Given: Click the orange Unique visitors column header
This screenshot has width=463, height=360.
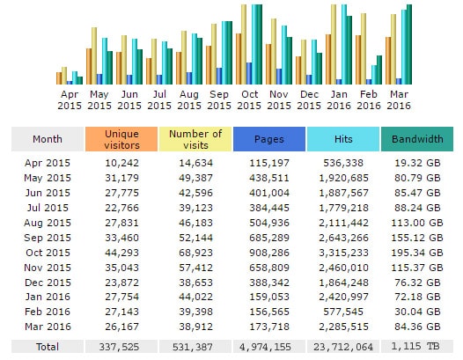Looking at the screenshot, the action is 121,139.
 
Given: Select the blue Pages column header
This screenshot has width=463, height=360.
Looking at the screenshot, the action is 269,139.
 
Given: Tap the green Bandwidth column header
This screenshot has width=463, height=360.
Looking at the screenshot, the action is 417,139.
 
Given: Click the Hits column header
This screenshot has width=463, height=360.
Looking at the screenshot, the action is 343,139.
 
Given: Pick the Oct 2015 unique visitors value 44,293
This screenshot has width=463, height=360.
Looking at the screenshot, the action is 121,253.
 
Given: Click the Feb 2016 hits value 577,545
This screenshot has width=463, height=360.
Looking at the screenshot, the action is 343,312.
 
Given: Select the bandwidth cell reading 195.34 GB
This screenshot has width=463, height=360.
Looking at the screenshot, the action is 417,253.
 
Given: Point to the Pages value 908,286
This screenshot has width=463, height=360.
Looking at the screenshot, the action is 269,253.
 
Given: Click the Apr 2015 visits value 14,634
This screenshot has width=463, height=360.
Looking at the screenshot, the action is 195,163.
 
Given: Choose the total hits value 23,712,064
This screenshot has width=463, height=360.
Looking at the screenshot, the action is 343,347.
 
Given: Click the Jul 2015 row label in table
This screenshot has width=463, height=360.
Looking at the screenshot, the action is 48,208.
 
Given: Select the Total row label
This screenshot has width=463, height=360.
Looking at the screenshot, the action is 48,347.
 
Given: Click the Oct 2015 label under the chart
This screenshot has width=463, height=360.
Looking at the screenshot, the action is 249,99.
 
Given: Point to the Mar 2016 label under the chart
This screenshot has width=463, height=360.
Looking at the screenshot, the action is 399,99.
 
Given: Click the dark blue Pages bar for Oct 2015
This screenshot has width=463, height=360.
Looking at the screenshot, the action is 249,74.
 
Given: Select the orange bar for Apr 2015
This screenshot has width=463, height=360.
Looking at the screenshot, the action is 59,78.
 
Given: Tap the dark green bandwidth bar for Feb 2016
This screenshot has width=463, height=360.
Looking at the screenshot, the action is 379,70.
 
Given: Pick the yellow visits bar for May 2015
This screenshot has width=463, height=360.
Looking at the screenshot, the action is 94,56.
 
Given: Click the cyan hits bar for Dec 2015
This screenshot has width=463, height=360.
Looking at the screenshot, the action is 314,62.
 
